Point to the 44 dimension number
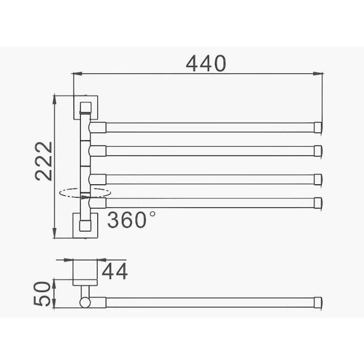click(x=114, y=271)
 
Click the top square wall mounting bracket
click(x=86, y=106)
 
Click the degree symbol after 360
click(x=151, y=213)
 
